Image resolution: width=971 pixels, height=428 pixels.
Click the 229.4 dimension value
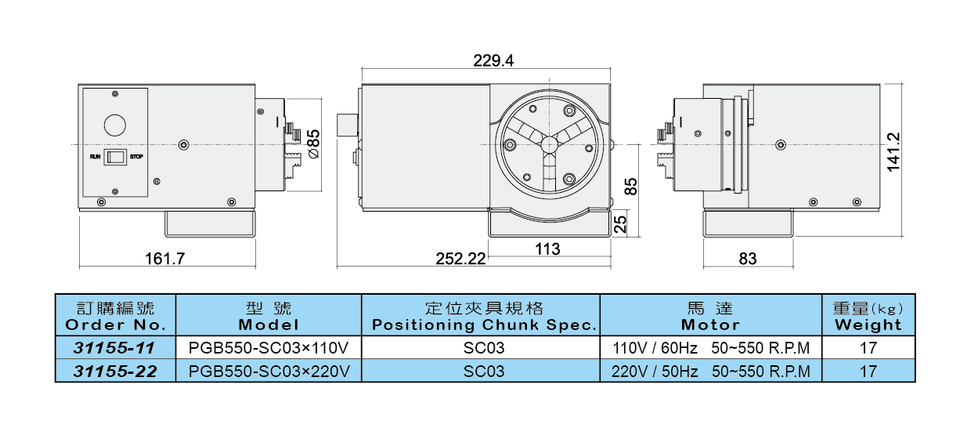[x=493, y=60]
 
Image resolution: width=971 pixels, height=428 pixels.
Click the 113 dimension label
[x=548, y=249]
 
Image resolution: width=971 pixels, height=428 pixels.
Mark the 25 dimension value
[x=621, y=224]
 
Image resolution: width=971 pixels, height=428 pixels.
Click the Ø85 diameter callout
[x=314, y=144]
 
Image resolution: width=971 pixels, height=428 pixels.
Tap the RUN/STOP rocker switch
[x=116, y=157]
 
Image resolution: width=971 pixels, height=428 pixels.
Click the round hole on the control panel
[x=115, y=125]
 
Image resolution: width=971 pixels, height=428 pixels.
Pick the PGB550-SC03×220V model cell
[x=269, y=371]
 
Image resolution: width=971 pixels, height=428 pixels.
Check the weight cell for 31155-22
[x=868, y=371]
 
